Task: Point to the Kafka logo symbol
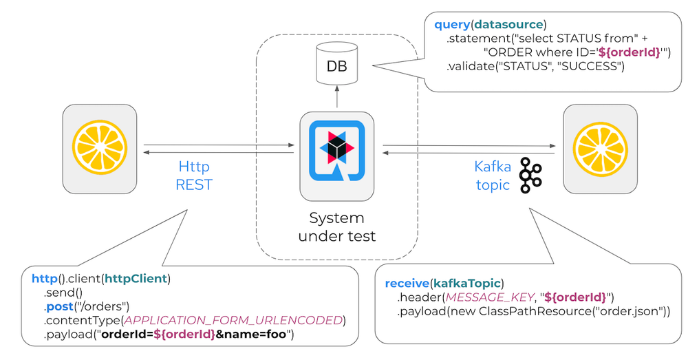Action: pos(530,175)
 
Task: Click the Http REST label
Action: pos(193,176)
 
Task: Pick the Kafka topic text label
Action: pos(492,176)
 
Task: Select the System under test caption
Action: pos(336,227)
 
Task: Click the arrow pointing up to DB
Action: pos(336,97)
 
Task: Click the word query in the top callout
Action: pos(451,25)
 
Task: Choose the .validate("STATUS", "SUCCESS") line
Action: pos(535,67)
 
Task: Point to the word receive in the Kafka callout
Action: pos(407,284)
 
